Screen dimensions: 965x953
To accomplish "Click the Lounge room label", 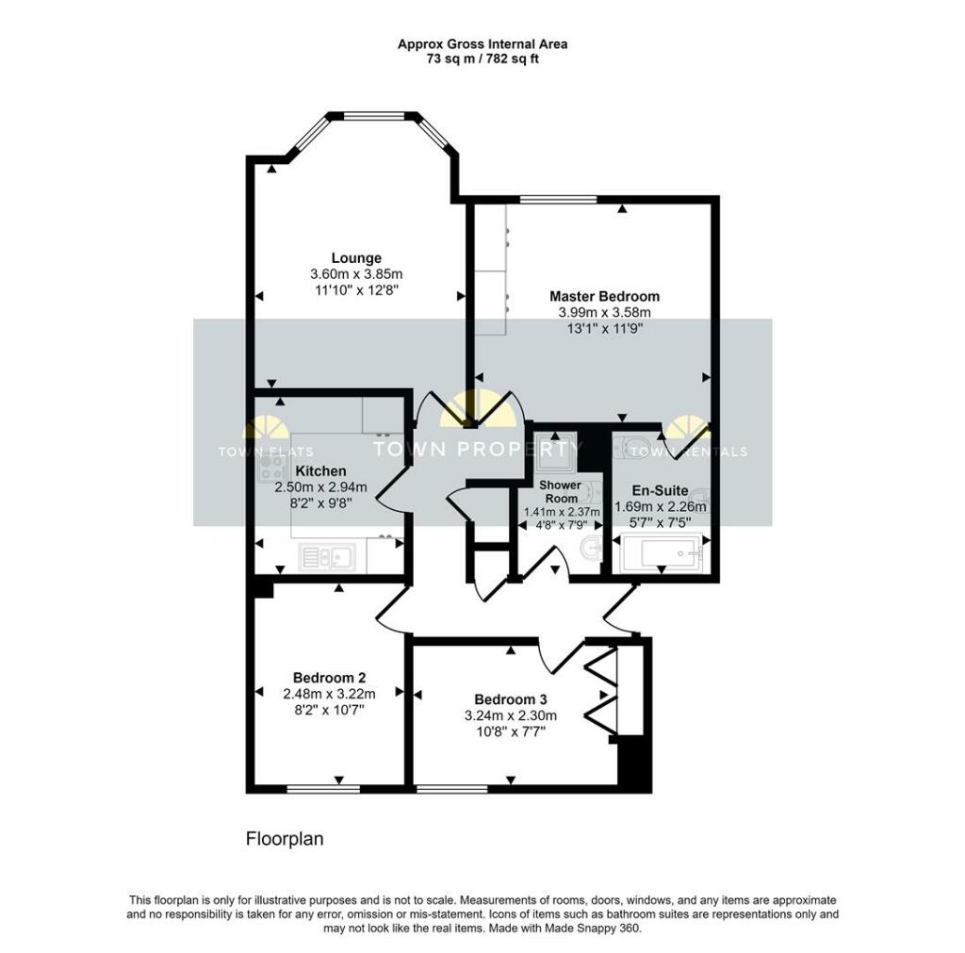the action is click(356, 258).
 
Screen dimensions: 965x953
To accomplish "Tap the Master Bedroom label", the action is click(604, 296).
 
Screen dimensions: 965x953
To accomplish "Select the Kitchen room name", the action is click(320, 471).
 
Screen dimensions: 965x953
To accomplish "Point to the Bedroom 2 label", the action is click(329, 678).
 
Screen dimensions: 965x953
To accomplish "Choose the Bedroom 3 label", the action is click(510, 699).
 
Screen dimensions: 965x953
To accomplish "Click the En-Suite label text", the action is click(661, 491).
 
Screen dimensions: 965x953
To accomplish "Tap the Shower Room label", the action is click(561, 492).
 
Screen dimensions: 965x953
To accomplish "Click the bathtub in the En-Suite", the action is click(662, 552).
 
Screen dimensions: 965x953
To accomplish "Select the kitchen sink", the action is click(327, 557).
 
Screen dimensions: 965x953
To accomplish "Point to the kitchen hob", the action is click(270, 467).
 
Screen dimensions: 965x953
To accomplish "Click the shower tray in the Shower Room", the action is click(554, 447).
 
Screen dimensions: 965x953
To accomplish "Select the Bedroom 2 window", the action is click(324, 789).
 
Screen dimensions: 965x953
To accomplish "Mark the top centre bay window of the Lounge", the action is click(374, 116).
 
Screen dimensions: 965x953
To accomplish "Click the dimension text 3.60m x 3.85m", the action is click(356, 274).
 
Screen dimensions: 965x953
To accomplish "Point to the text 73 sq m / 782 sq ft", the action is click(482, 59).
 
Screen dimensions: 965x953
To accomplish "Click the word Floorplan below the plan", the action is click(285, 839).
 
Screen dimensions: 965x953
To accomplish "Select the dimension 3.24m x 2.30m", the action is click(510, 715).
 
